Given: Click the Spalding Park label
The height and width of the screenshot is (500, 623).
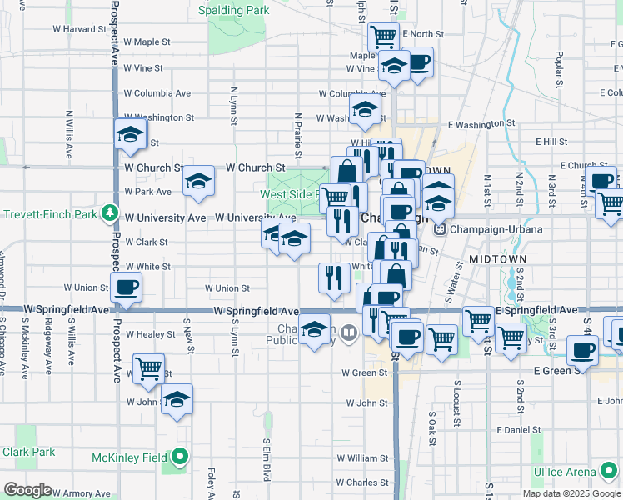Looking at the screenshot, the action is (x=233, y=11).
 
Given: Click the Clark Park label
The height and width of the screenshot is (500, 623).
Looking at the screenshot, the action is (x=28, y=452).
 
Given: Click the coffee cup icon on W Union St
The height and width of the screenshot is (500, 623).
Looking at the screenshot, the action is (x=127, y=287).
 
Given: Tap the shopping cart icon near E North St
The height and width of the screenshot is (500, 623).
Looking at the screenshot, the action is (x=382, y=36).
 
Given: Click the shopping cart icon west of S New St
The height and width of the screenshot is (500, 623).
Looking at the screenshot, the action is (x=148, y=367).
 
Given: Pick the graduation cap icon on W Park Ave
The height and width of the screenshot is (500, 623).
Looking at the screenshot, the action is (x=198, y=181).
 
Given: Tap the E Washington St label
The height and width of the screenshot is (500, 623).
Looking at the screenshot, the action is (x=481, y=124).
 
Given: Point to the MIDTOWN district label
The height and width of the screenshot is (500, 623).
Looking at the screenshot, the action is (x=498, y=259).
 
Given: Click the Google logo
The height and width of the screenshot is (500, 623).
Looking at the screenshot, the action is (x=27, y=490).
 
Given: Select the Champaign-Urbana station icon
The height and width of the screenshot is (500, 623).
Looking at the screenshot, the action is (x=441, y=229).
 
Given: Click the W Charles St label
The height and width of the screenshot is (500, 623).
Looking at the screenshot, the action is (x=362, y=482).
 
